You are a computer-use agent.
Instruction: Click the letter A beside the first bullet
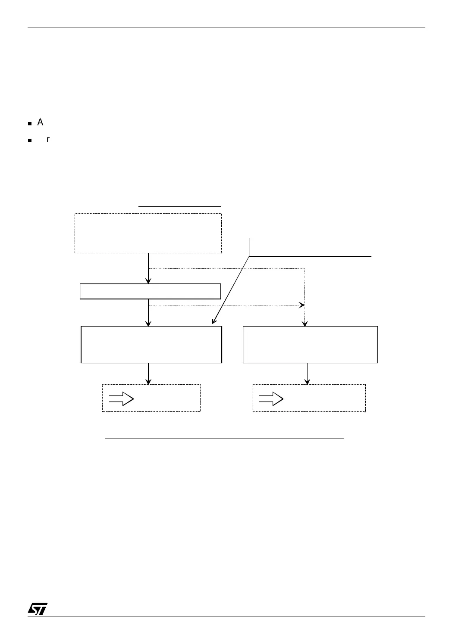click(40, 122)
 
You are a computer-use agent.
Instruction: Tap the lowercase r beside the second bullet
click(48, 140)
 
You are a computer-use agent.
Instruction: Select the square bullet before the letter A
click(30, 124)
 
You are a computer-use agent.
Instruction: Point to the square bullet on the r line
click(30, 141)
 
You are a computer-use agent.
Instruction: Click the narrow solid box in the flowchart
click(150, 291)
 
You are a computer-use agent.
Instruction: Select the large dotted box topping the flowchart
click(148, 233)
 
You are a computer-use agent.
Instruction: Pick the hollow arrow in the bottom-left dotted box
click(121, 399)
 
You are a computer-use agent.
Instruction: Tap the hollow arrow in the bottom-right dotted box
click(271, 399)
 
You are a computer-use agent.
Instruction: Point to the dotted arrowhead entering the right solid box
click(305, 324)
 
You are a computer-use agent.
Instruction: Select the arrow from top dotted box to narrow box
click(148, 268)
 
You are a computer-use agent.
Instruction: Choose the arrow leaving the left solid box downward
click(148, 373)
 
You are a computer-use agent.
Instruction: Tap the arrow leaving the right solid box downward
click(307, 373)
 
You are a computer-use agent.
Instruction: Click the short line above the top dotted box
click(179, 207)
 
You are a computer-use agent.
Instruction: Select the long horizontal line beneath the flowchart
click(224, 439)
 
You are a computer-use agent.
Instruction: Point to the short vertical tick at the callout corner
click(249, 247)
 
